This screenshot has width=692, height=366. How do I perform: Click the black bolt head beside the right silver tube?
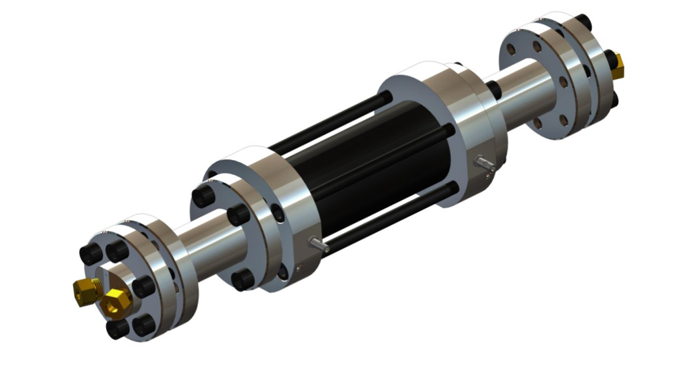pyautogui.click(x=494, y=89)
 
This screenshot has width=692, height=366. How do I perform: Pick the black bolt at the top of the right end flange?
pyautogui.click(x=583, y=23)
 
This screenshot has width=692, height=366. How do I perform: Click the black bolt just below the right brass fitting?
pyautogui.click(x=613, y=99)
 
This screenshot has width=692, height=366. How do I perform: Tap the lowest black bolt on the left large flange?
pyautogui.click(x=243, y=280)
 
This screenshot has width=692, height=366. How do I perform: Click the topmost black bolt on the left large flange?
pyautogui.click(x=203, y=197)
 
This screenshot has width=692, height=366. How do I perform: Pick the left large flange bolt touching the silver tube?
pyautogui.click(x=239, y=215)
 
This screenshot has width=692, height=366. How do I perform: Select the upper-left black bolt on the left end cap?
pyautogui.click(x=90, y=255)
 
